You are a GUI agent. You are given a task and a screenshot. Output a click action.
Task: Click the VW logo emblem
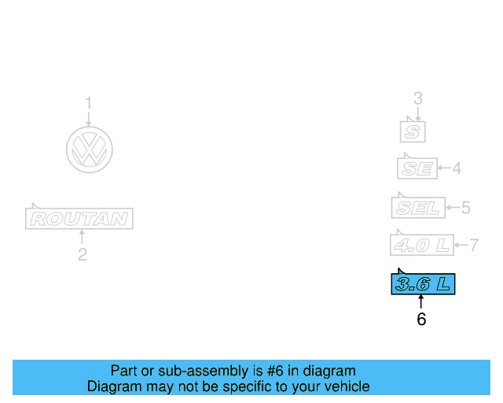point(89,149)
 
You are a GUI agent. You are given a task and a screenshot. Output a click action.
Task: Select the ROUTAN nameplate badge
point(79,218)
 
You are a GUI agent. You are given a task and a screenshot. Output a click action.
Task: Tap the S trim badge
point(413,131)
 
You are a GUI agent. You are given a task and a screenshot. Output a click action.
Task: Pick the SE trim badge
point(416,168)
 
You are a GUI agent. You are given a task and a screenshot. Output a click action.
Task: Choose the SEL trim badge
point(418,208)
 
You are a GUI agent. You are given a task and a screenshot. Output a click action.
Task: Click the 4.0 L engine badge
point(422,245)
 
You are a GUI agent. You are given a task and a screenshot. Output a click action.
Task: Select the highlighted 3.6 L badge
point(423,284)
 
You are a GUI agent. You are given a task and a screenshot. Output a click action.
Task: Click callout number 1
point(89,102)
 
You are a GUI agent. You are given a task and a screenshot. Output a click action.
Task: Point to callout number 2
point(82,254)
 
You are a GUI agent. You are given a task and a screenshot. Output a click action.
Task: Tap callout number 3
point(418,98)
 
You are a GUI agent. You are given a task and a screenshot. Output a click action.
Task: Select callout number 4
point(456,168)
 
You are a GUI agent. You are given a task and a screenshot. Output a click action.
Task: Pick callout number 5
point(465,208)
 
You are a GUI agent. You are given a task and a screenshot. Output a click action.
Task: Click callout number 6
point(421,320)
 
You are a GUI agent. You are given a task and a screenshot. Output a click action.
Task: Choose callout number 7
point(473,245)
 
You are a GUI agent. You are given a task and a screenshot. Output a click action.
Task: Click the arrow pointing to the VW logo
point(89,118)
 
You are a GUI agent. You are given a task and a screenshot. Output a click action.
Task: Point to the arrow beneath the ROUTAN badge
point(82,237)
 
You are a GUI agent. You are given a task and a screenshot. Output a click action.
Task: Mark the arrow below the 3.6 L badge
point(421,302)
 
